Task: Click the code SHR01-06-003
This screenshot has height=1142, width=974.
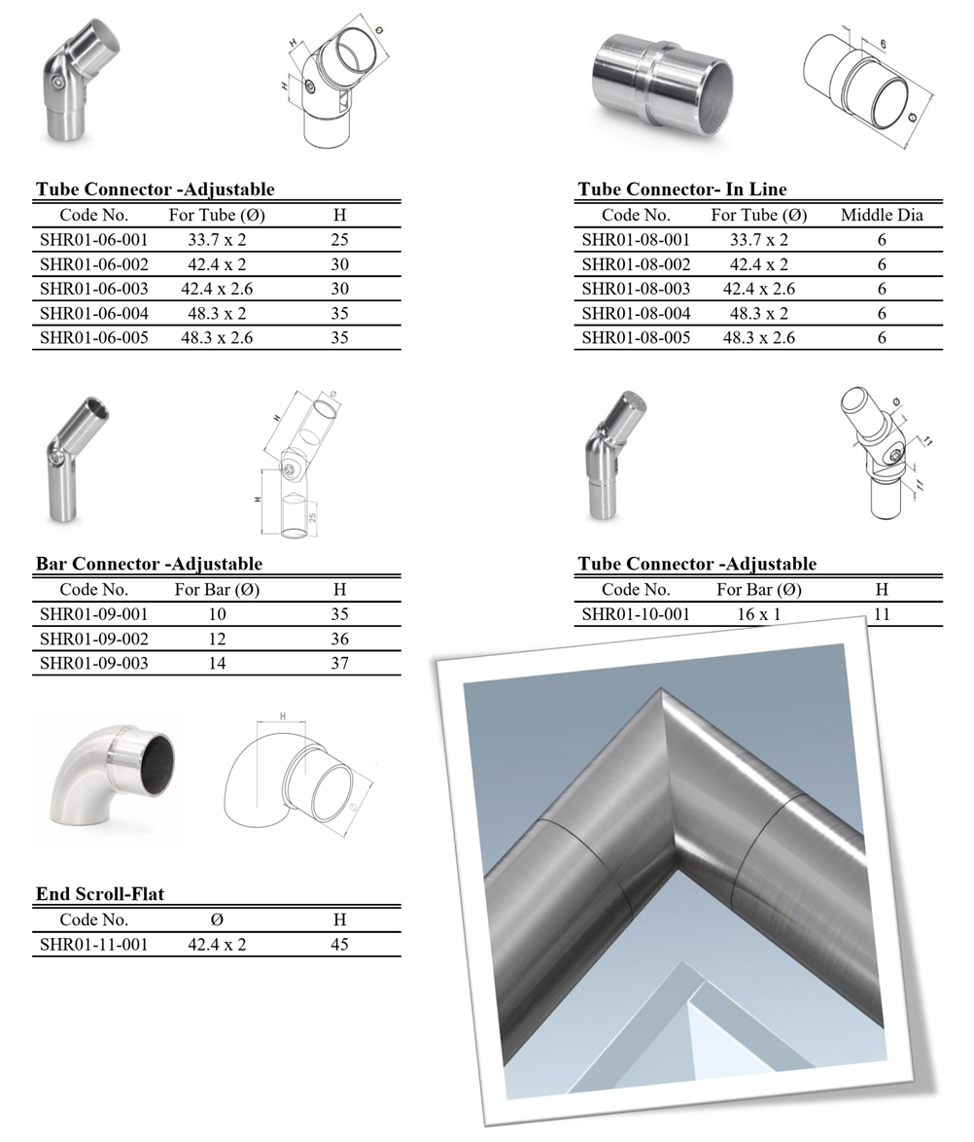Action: [x=94, y=289]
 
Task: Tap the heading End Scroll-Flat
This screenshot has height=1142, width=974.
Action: [x=100, y=894]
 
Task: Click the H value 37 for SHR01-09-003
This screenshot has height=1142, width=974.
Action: [x=339, y=664]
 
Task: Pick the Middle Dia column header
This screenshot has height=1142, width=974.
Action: [x=882, y=215]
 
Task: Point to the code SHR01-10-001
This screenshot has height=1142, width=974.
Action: [x=636, y=614]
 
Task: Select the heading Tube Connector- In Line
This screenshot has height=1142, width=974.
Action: [x=682, y=190]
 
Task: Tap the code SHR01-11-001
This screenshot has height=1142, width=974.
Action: [x=94, y=944]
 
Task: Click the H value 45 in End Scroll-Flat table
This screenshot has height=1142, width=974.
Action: [x=339, y=944]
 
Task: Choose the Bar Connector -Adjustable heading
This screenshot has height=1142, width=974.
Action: [x=149, y=564]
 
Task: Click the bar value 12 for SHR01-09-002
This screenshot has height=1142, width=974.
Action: [x=217, y=640]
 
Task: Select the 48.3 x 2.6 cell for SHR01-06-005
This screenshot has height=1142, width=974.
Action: [x=217, y=338]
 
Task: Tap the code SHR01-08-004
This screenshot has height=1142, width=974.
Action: [x=636, y=314]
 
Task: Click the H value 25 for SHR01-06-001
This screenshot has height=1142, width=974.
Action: [x=339, y=239]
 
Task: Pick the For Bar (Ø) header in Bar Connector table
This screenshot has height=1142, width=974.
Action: [x=217, y=589]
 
